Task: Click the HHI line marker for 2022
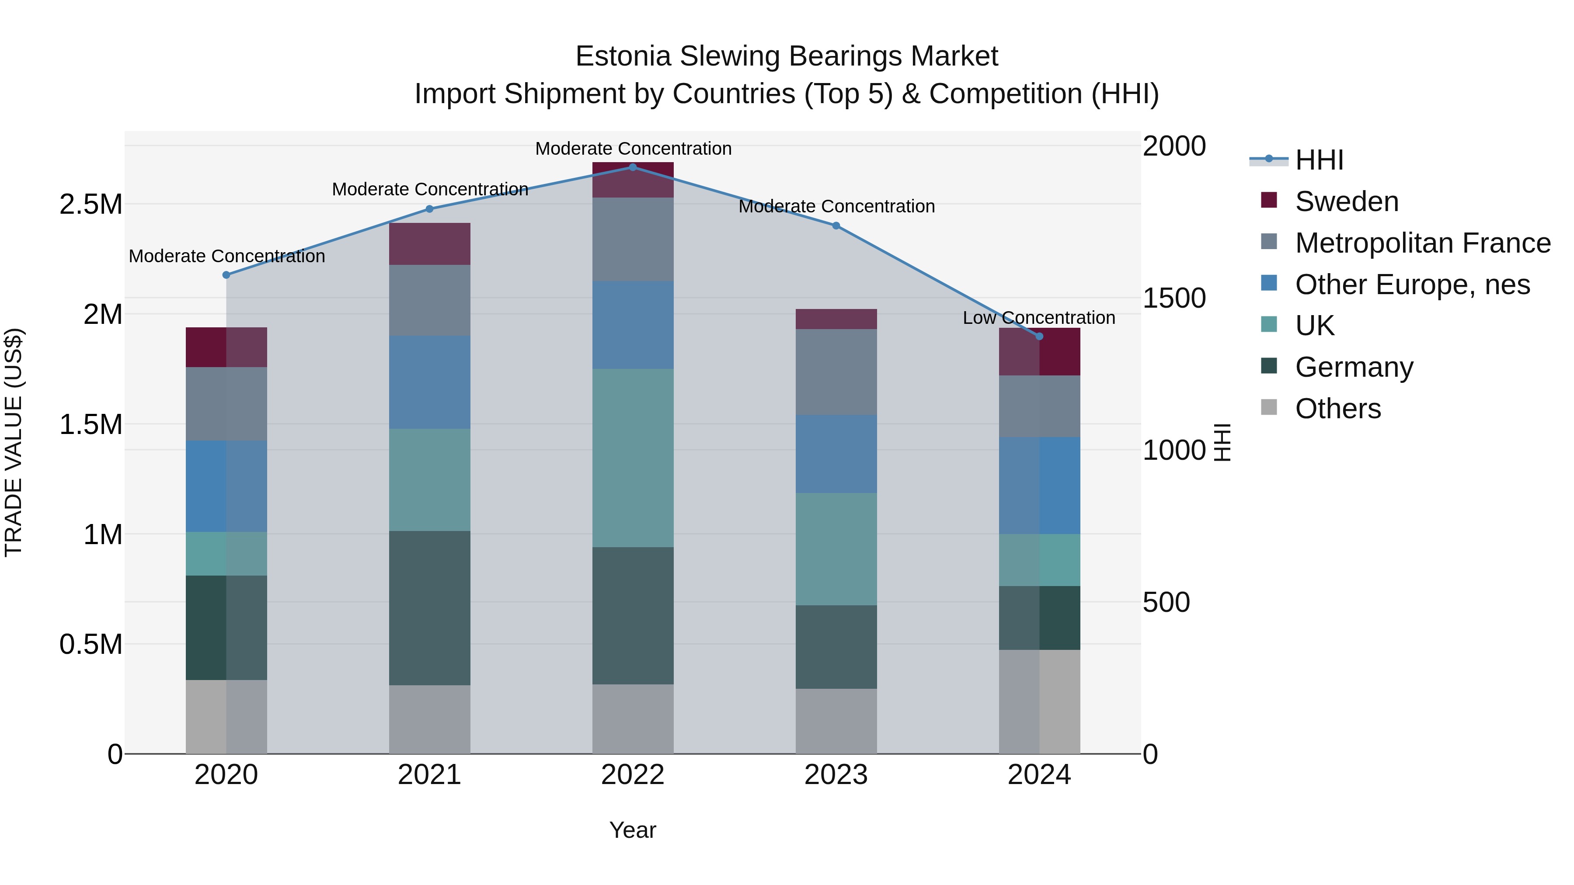coord(632,167)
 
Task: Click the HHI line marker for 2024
coord(1039,336)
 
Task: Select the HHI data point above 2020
coord(226,275)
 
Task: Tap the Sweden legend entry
coord(1346,201)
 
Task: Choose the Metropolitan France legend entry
coord(1422,243)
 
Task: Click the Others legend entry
coord(1337,409)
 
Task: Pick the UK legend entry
coord(1314,326)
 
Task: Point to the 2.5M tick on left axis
coord(91,205)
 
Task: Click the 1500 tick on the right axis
coord(1174,298)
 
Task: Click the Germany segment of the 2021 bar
coord(429,608)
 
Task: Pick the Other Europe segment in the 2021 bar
coord(429,382)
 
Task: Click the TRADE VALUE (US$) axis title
coord(14,442)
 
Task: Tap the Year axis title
coord(632,830)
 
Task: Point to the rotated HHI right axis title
coord(1222,442)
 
